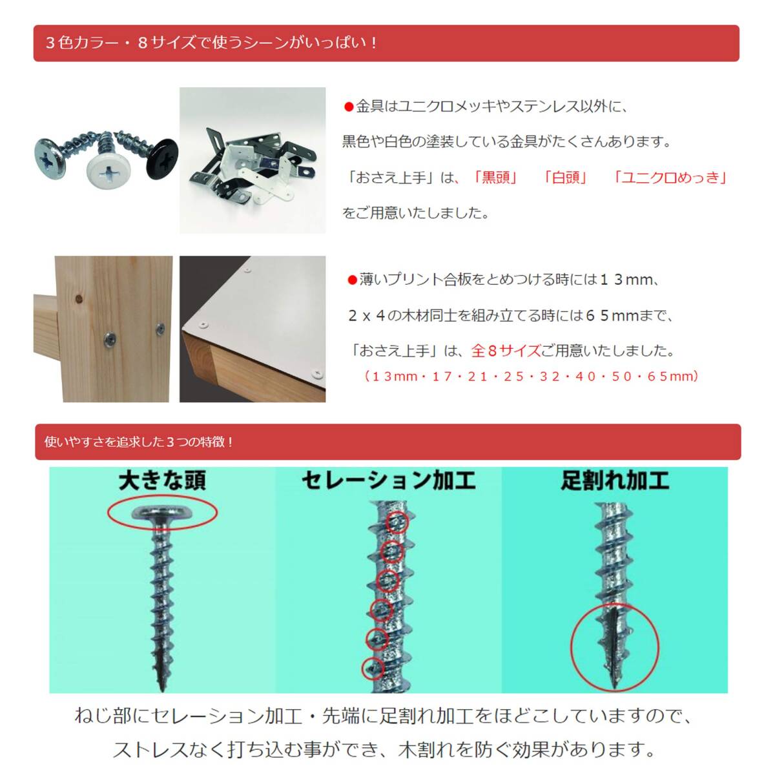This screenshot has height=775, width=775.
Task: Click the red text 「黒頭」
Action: coord(495,178)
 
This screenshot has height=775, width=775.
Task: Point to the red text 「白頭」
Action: coord(565,178)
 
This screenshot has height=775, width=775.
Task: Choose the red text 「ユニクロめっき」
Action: coord(670,178)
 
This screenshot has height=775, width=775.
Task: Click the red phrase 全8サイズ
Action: coord(506,351)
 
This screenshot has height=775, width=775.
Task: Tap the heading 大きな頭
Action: coord(162,481)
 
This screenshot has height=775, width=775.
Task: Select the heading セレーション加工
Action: coord(388,481)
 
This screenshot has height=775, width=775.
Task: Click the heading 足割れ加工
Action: coord(614,481)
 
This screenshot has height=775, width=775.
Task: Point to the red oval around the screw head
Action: coord(162,513)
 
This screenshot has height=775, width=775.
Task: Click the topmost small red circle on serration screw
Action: coord(397,522)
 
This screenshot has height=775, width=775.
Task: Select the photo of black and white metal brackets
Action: coord(253,160)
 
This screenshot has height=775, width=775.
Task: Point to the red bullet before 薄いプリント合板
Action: coord(352,280)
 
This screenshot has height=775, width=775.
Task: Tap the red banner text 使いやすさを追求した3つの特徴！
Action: coord(139,442)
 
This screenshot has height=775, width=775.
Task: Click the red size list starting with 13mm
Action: coord(531,376)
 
